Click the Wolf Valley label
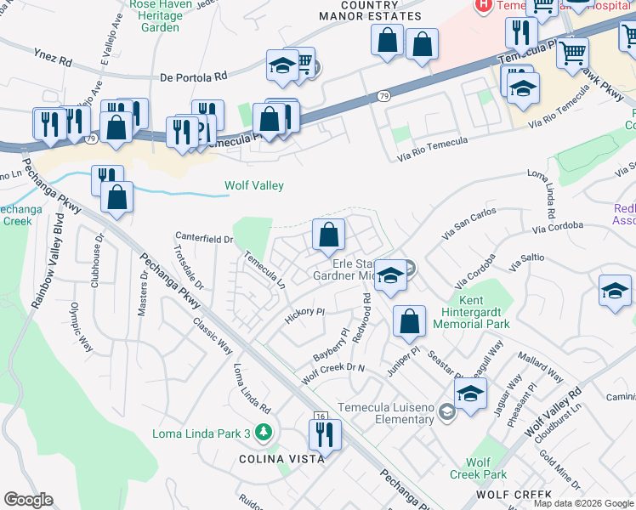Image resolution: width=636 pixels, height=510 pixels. click(253, 185)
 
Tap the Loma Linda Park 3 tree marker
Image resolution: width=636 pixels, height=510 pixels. click(264, 433)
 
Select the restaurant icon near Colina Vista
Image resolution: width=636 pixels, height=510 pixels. click(325, 435)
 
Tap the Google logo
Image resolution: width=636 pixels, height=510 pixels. click(28, 500)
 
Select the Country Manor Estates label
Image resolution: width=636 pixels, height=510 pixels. click(370, 10)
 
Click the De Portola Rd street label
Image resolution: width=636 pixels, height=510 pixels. click(194, 76)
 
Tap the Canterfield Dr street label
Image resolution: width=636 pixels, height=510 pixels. click(204, 239)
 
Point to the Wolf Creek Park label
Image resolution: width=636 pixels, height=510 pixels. click(479, 468)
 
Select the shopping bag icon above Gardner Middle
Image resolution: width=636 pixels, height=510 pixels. click(328, 235)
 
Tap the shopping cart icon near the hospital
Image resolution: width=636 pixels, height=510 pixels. click(572, 54)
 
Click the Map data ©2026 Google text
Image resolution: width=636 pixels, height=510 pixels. click(583, 503)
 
